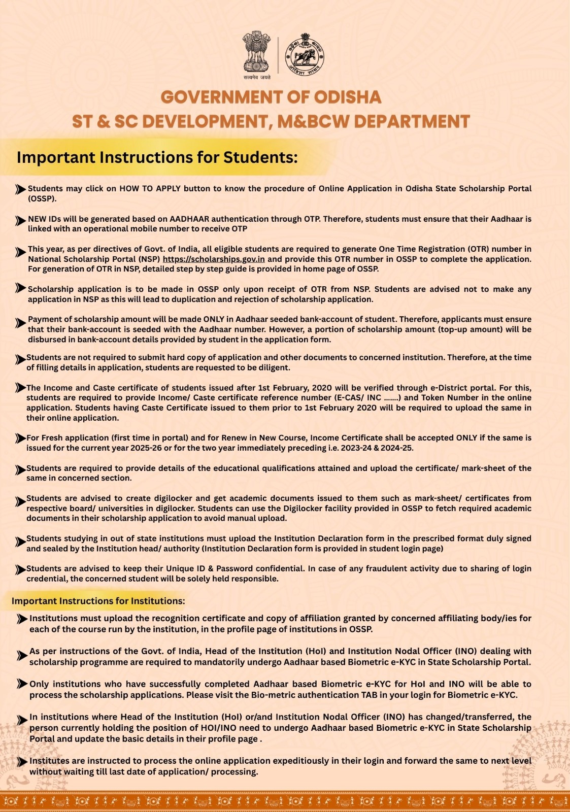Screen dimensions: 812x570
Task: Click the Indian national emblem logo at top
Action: click(256, 52)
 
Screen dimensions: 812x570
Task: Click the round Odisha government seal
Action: click(304, 55)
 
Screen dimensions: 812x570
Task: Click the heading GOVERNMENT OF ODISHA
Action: click(271, 97)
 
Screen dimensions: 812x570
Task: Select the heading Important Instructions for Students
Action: click(157, 157)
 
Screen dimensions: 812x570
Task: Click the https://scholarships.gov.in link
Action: click(214, 259)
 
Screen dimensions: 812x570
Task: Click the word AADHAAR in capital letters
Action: click(189, 219)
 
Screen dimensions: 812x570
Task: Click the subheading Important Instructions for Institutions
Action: click(98, 601)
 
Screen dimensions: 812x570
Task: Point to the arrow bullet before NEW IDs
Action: click(20, 221)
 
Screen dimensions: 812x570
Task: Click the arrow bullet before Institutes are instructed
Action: click(22, 762)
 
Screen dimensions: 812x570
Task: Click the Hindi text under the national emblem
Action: click(257, 77)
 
